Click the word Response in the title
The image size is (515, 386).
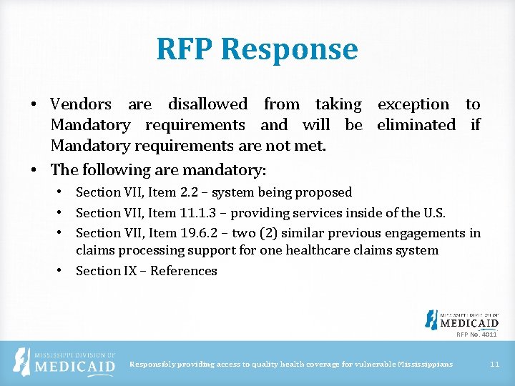[x=290, y=49]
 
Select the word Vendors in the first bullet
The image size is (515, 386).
[x=81, y=104]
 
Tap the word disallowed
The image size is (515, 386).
[x=207, y=104]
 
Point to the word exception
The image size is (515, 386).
[x=413, y=104]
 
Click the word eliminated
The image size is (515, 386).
[x=416, y=125]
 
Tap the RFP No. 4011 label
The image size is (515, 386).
[x=476, y=335]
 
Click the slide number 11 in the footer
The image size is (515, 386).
[x=494, y=365]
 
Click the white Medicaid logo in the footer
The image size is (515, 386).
[x=66, y=363]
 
